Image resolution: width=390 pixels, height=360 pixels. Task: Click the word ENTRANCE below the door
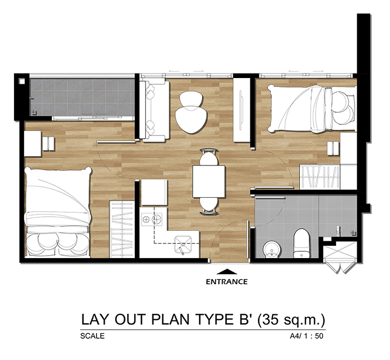227,281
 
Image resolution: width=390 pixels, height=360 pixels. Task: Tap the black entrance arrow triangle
227,271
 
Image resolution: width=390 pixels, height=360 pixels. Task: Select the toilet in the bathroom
302,244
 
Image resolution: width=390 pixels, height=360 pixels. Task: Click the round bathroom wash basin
272,249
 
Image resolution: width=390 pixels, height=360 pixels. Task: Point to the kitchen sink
183,245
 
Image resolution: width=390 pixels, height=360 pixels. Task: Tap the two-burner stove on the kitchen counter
151,219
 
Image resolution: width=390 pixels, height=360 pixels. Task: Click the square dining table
209,182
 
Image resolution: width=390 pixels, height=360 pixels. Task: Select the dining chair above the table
209,157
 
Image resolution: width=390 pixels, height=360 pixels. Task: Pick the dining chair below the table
209,206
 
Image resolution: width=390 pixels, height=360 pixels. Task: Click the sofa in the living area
155,110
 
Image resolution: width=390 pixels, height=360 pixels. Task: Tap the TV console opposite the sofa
242,110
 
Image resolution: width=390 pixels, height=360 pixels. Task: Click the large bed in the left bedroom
58,212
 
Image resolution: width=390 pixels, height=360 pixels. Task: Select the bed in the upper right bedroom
312,109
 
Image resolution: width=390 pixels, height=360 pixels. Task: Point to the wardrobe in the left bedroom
122,229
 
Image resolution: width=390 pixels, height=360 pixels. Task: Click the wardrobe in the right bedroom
320,177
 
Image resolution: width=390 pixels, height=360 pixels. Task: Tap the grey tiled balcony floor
82,97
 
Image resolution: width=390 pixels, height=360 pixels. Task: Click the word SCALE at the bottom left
92,336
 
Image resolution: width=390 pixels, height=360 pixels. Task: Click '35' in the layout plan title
270,320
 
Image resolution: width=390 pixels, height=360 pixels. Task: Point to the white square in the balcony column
22,81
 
